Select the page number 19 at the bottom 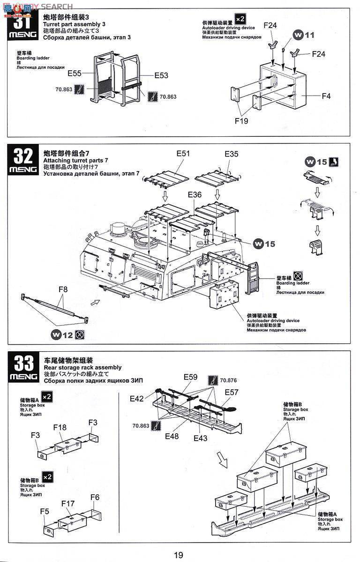[179, 555]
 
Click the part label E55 [75, 73]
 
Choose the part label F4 [326, 96]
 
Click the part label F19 [241, 121]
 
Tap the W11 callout [304, 35]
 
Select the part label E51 [184, 153]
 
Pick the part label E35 [231, 153]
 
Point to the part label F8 [63, 289]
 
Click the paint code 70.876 [228, 380]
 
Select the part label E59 [191, 377]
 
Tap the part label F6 [95, 497]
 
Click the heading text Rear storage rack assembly [82, 367]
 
